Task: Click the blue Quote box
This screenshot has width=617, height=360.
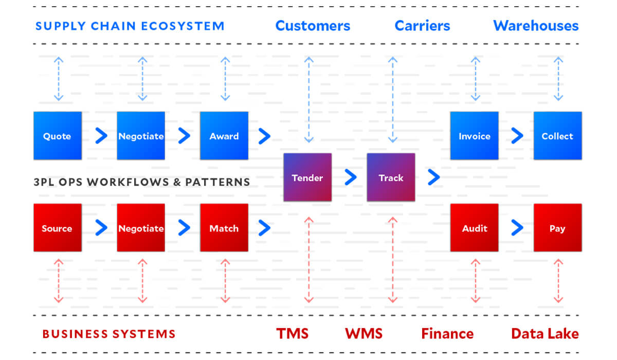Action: (58, 136)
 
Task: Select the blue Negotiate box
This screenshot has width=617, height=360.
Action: (141, 136)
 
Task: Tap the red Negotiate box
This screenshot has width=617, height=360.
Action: (141, 228)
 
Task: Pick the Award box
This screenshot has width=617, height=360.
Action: (224, 136)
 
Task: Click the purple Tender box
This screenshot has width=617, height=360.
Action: (307, 177)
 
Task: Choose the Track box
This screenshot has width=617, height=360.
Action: (391, 177)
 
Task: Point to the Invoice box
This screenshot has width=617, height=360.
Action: (474, 136)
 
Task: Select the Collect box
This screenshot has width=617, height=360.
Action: (557, 136)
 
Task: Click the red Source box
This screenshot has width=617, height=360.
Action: (58, 228)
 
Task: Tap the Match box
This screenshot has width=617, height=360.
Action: (224, 228)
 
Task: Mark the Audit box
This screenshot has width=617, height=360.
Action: (474, 228)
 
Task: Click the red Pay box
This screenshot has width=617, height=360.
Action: (557, 228)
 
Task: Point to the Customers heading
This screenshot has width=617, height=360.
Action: (313, 26)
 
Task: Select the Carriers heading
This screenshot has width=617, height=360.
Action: (422, 26)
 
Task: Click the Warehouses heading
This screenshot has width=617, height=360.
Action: (536, 26)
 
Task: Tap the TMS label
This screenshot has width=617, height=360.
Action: (293, 333)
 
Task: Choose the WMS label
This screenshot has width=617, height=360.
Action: (364, 333)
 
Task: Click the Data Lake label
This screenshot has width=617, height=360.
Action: (545, 333)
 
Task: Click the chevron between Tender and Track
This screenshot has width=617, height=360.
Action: (351, 177)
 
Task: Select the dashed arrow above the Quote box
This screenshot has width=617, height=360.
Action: (59, 79)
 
